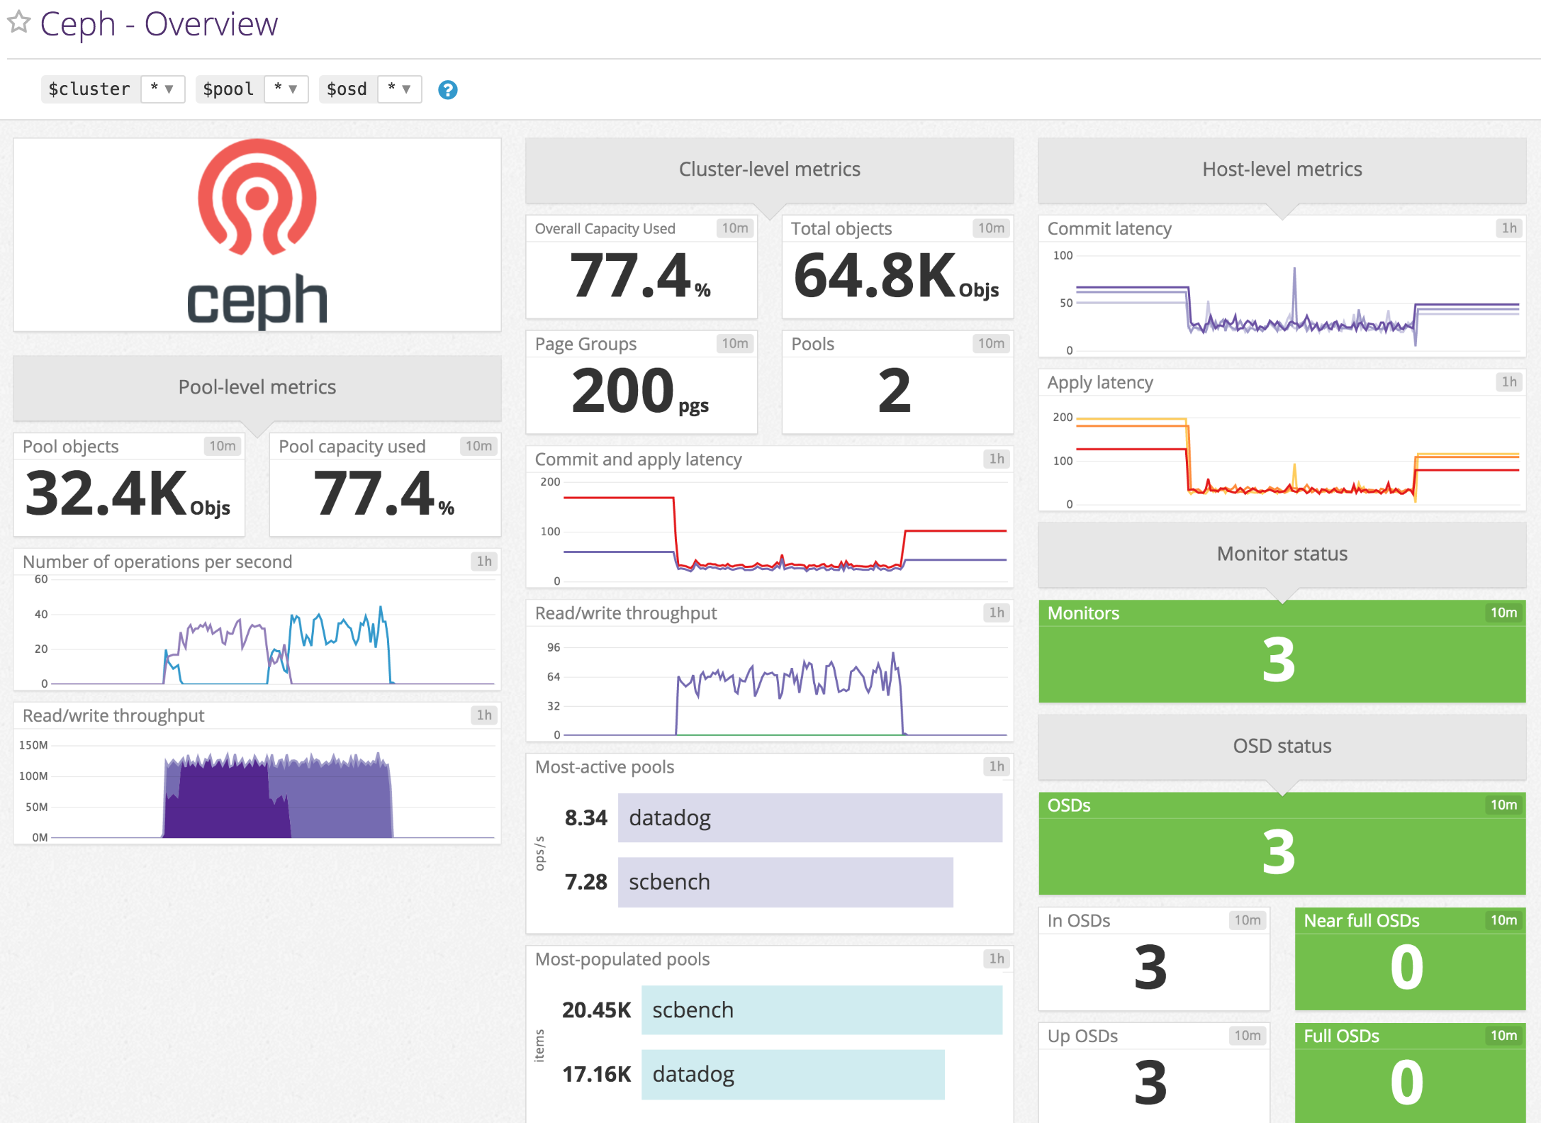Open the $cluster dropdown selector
coord(162,89)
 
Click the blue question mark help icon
coord(447,90)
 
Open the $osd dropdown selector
coord(399,89)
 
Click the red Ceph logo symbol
coord(257,197)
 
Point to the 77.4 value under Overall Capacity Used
coord(630,276)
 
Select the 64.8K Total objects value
coord(875,276)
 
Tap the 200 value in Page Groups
coord(622,391)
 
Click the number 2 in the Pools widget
coord(895,391)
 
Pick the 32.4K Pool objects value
coord(106,493)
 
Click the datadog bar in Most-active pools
coord(809,817)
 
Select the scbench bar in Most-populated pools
coord(821,1010)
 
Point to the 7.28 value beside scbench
coord(585,882)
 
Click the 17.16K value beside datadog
coord(596,1074)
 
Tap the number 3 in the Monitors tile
coord(1279,661)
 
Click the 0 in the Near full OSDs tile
coord(1407,967)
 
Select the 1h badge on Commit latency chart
coord(1509,228)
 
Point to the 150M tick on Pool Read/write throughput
coord(33,745)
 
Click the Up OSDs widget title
coord(1082,1036)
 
